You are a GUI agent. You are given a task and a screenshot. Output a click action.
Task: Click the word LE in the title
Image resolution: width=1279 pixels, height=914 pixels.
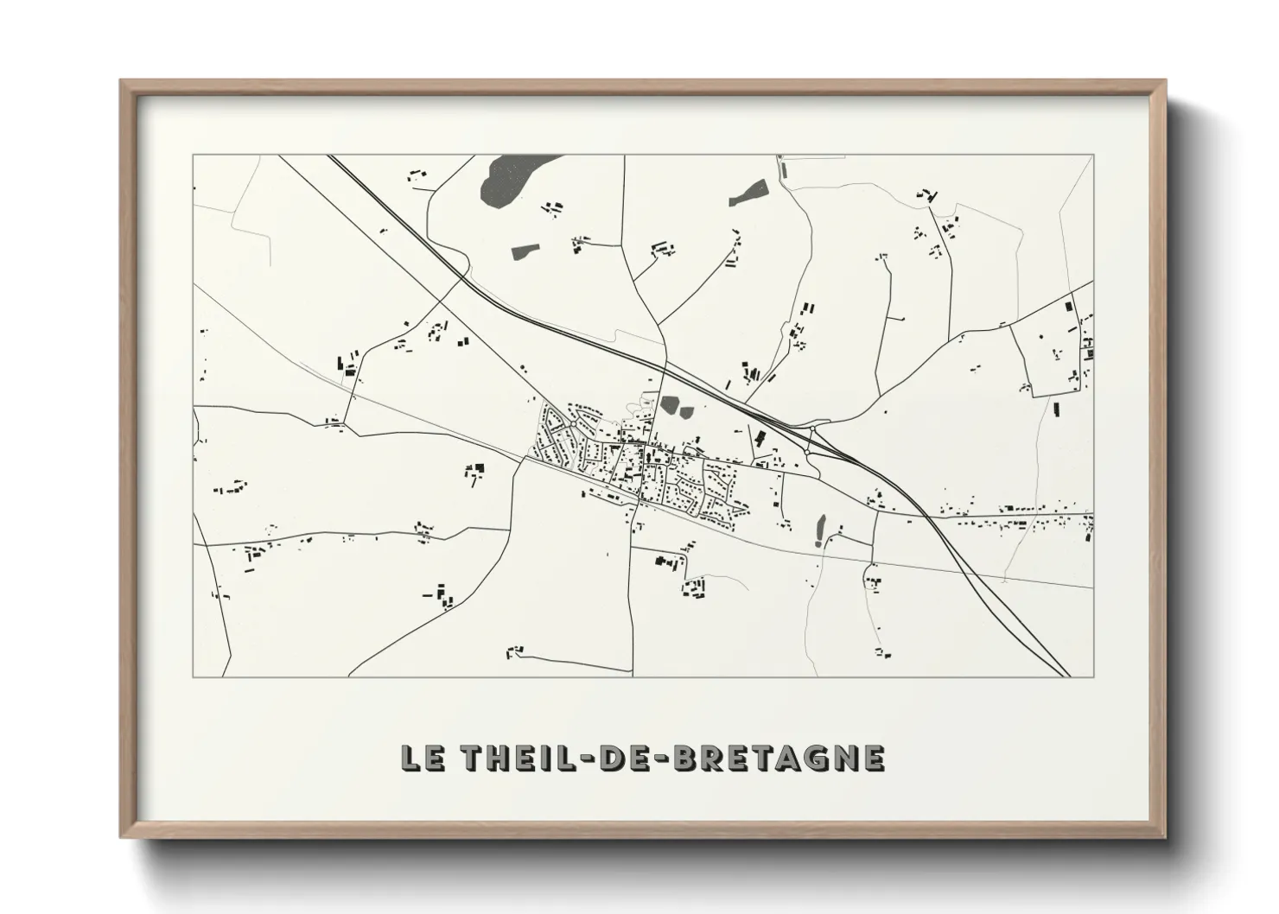pyautogui.click(x=421, y=758)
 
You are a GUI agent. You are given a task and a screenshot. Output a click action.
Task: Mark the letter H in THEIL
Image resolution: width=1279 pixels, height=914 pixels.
pyautogui.click(x=496, y=758)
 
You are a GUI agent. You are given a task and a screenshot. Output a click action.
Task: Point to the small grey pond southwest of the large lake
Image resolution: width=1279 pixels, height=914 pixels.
pyautogui.click(x=524, y=252)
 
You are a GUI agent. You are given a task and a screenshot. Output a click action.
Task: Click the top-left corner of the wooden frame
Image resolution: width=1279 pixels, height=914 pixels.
pyautogui.click(x=122, y=81)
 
